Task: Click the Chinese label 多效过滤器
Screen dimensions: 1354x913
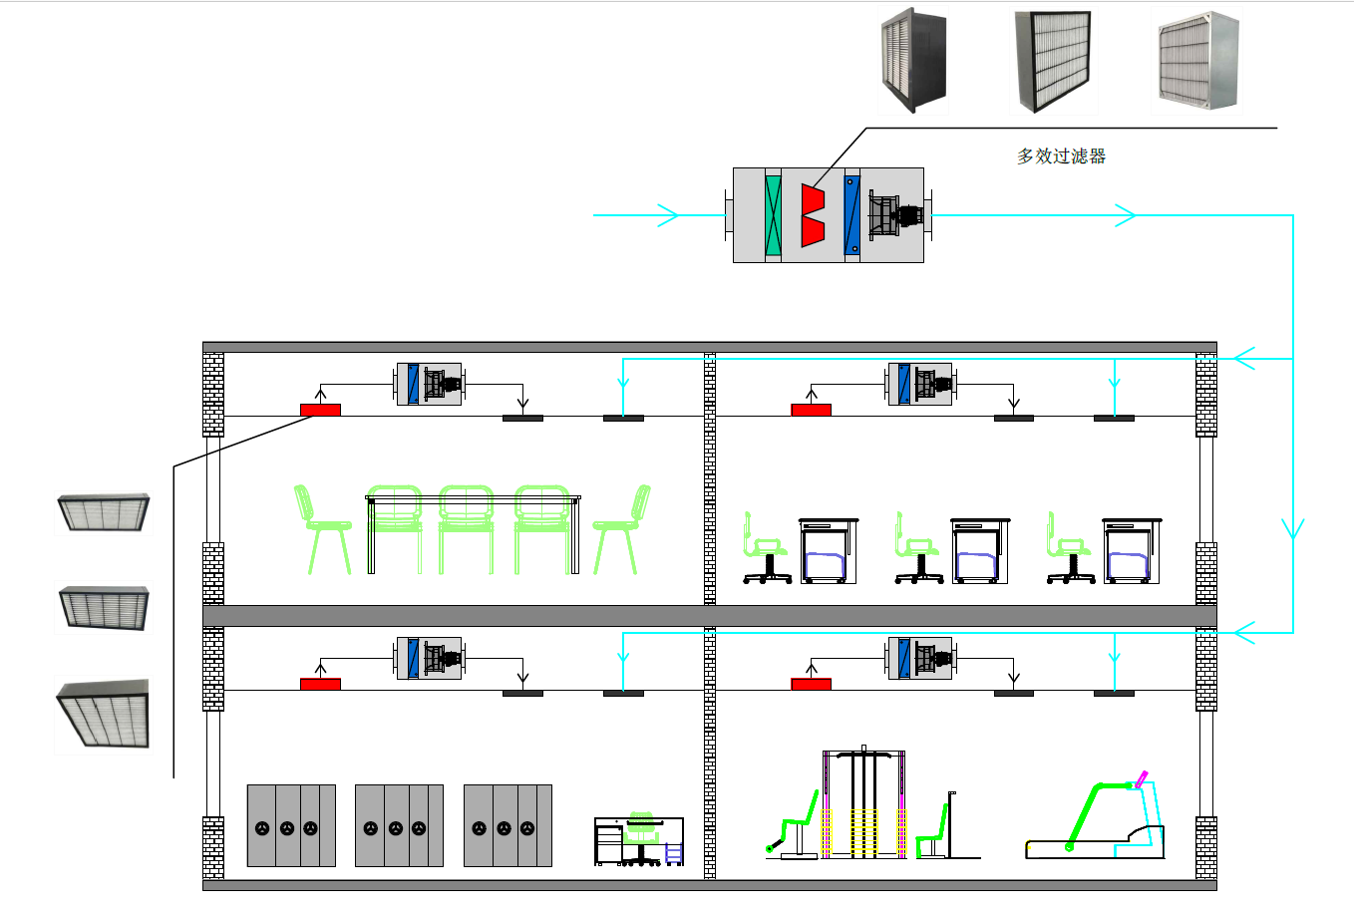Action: (1061, 156)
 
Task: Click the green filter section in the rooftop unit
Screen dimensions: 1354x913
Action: (773, 215)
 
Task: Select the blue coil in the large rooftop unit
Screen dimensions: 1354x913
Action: (851, 215)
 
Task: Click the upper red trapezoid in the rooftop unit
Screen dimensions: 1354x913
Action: (813, 198)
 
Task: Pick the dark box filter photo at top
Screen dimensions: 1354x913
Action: (913, 60)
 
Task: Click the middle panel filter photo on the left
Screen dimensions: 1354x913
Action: (104, 608)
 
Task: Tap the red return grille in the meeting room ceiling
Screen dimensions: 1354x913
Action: (320, 411)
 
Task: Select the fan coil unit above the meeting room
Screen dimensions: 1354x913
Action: (429, 384)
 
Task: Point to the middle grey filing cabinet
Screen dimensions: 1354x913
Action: (399, 825)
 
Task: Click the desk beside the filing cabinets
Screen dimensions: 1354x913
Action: (639, 839)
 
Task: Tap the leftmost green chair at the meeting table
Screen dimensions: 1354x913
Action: (322, 529)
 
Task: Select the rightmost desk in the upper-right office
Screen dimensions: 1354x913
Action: (1131, 550)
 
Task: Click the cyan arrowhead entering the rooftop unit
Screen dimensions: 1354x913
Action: (668, 215)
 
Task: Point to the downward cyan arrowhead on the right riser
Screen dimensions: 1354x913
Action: (1293, 528)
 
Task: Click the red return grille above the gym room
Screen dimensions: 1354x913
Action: (812, 684)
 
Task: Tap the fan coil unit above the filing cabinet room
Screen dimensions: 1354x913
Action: (429, 658)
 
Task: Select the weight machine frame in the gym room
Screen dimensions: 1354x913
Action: (863, 802)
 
